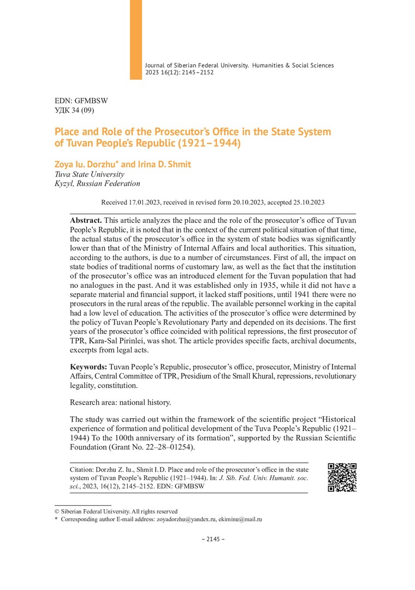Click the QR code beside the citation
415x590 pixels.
click(342, 477)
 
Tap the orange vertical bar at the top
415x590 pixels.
click(135, 39)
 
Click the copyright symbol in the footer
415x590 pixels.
click(57, 511)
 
